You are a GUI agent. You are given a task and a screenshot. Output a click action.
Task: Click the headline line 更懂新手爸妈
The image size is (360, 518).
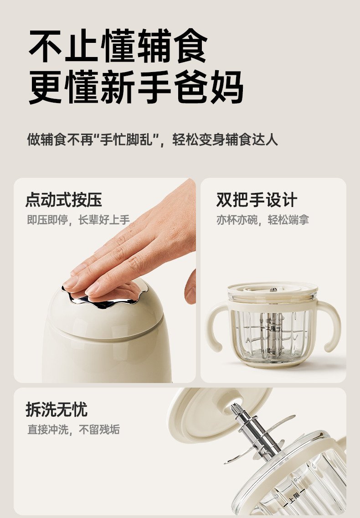(136, 87)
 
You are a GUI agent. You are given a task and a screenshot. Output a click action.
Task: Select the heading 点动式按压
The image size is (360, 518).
(64, 200)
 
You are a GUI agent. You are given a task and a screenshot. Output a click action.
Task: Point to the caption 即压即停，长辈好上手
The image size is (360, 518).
(78, 220)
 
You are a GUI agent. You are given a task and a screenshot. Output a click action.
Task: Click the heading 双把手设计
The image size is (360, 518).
(257, 200)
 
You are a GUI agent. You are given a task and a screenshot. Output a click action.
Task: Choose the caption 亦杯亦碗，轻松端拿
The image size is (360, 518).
(262, 220)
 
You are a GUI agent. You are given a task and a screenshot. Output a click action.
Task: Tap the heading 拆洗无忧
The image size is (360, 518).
(57, 409)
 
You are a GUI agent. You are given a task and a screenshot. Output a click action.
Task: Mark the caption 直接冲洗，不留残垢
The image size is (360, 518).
(73, 430)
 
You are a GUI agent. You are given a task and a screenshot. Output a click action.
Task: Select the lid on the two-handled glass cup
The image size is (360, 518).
(273, 291)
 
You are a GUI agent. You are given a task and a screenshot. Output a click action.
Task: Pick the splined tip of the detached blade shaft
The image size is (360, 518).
(237, 410)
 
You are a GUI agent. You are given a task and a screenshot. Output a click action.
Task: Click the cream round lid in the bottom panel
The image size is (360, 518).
(218, 413)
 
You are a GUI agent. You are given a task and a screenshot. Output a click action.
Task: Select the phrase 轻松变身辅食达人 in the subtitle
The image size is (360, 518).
(225, 140)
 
